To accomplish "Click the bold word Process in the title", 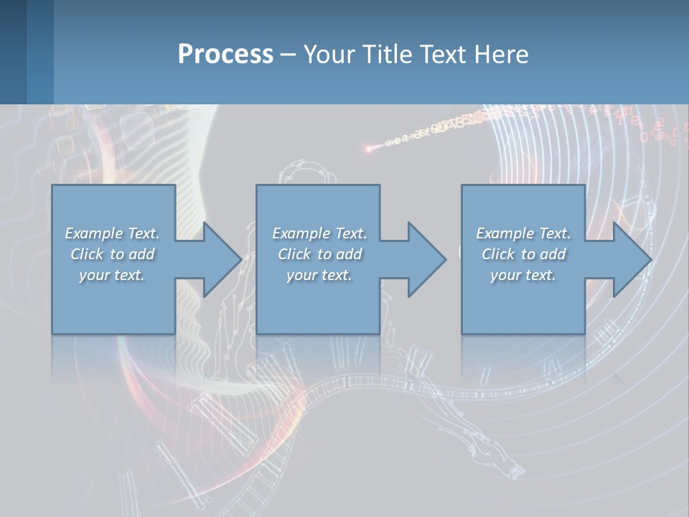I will click(x=225, y=54).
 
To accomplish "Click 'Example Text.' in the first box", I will click(x=113, y=233).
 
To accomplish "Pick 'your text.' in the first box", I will click(x=113, y=275).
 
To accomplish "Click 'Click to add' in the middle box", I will click(x=319, y=254).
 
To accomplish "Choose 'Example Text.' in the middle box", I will click(x=319, y=233).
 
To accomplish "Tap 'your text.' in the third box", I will click(x=523, y=275).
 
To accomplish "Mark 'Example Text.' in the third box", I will click(x=523, y=233).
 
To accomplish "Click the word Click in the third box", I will click(x=498, y=254).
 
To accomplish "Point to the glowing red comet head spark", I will click(x=369, y=149).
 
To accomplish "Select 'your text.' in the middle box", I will click(x=319, y=275).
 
